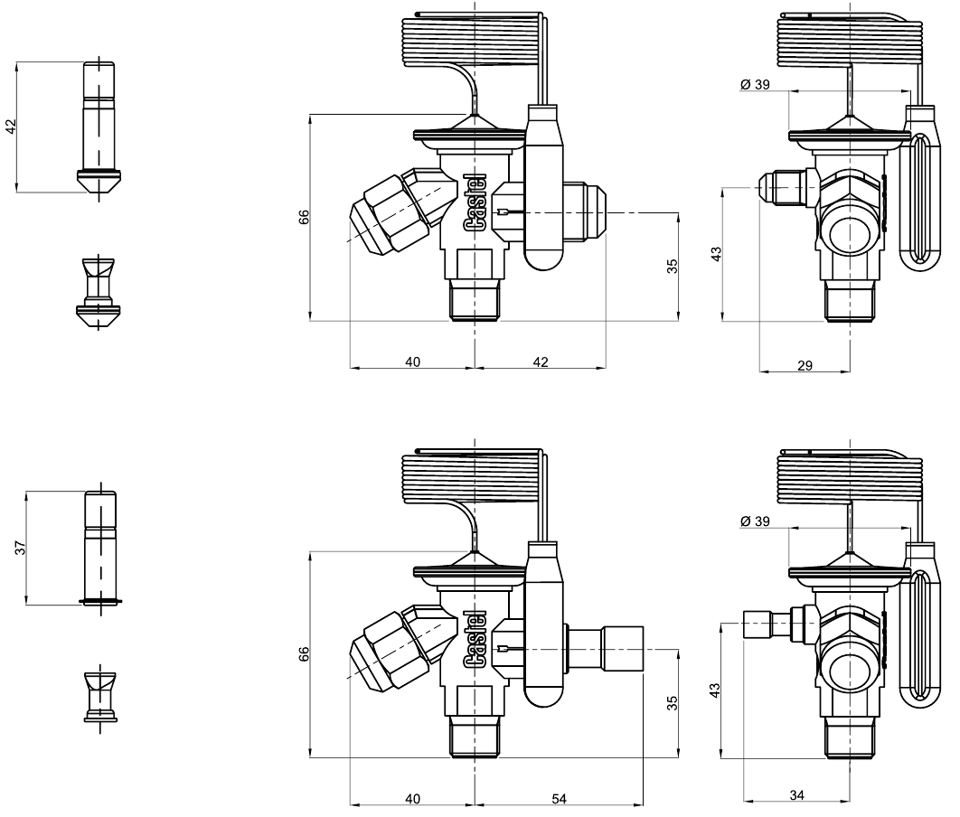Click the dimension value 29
[805, 365]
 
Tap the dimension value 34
[796, 795]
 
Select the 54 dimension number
[559, 799]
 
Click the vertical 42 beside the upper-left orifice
[11, 127]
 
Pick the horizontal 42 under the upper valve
[540, 362]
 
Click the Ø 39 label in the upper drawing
[755, 84]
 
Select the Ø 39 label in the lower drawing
[755, 521]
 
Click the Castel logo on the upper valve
[475, 203]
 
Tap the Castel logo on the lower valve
[475, 639]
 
